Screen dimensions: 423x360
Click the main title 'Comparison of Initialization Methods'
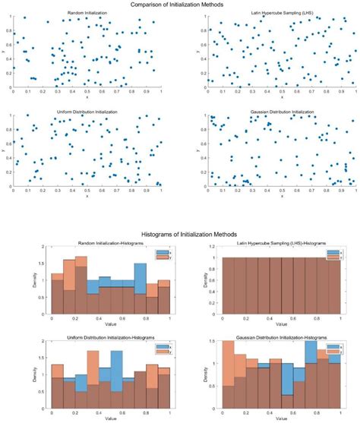pos(179,4)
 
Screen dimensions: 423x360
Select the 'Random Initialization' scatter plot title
pos(87,14)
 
